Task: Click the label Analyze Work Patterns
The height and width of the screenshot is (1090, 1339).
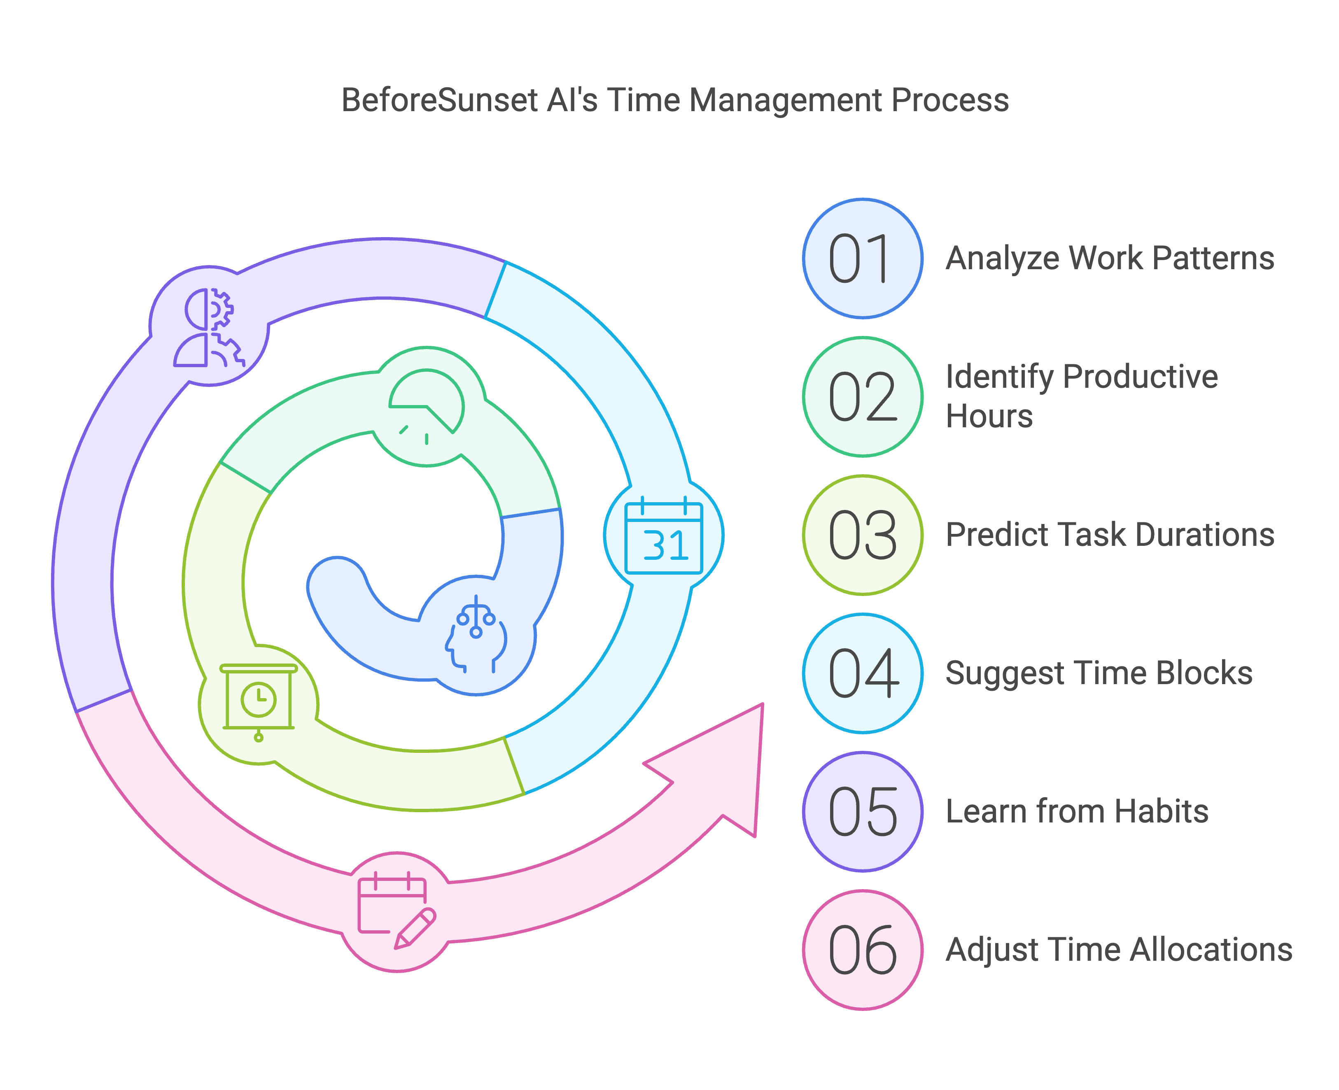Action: point(1109,259)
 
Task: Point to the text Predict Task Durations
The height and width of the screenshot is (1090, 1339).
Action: point(1109,535)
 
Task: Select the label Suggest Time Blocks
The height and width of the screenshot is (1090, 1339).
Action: point(1099,673)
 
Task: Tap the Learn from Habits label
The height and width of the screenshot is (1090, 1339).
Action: point(1076,811)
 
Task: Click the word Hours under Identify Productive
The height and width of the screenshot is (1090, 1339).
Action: point(989,416)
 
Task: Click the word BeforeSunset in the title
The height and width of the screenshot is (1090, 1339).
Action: point(440,100)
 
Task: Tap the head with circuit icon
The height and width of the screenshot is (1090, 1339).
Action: point(476,634)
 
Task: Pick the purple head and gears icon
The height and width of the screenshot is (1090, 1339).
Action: point(209,326)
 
